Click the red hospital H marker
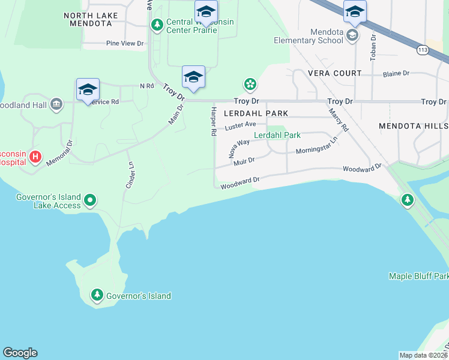[35, 157]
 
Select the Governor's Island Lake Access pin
[90, 200]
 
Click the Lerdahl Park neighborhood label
[256, 113]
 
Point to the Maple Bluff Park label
[418, 276]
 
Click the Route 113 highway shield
[424, 50]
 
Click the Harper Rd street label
[213, 121]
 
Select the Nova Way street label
[239, 148]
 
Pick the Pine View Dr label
[125, 43]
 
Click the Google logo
[20, 353]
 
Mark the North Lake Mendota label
[87, 19]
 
